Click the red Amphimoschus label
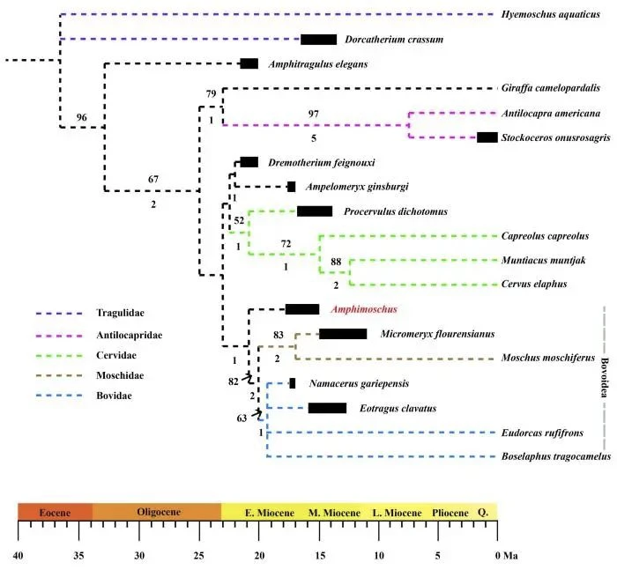tap(363, 309)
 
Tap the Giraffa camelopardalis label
tap(551, 88)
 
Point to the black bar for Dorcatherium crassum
tap(318, 40)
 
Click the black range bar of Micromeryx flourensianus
tap(343, 334)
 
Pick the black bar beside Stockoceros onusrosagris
tap(487, 137)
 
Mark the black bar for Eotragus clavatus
tap(327, 408)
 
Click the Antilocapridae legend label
tap(130, 335)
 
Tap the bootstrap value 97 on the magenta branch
tap(314, 115)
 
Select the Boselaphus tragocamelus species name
tap(556, 456)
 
